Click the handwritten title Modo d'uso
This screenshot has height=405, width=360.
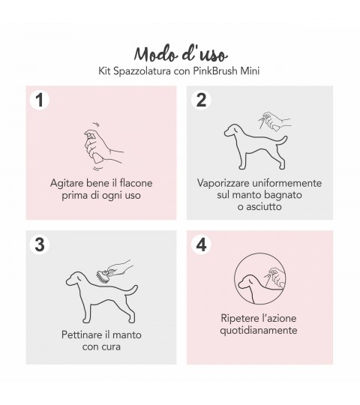pyautogui.click(x=181, y=54)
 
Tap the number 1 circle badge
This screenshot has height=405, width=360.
pyautogui.click(x=40, y=100)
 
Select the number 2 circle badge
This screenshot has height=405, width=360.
pyautogui.click(x=201, y=100)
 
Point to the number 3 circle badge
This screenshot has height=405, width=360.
pyautogui.click(x=40, y=244)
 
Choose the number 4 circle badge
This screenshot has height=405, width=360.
pyautogui.click(x=201, y=244)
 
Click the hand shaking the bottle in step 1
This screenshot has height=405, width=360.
pyautogui.click(x=103, y=146)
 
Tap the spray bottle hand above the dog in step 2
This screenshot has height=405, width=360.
pyautogui.click(x=274, y=120)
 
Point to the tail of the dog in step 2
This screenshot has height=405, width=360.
pyautogui.click(x=282, y=141)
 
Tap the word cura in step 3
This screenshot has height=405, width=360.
pyautogui.click(x=111, y=347)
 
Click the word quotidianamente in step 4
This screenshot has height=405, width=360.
pyautogui.click(x=259, y=330)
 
